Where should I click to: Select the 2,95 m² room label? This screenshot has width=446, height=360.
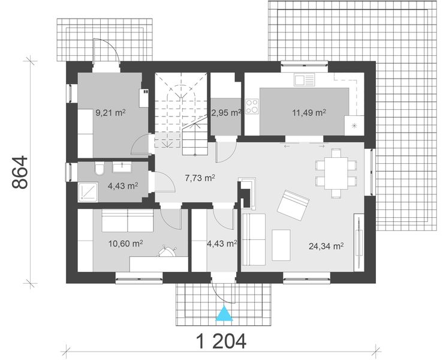(226, 112)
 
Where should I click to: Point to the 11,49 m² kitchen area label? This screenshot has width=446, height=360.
(309, 112)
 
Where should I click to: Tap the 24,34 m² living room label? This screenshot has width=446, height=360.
(326, 245)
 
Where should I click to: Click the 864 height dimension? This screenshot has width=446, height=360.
(20, 173)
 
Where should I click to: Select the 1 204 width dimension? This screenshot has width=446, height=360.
(221, 341)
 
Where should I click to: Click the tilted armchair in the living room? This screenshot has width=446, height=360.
(293, 205)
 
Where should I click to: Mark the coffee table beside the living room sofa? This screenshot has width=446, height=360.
(281, 244)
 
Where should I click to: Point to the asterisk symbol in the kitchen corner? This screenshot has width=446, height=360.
(354, 125)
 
